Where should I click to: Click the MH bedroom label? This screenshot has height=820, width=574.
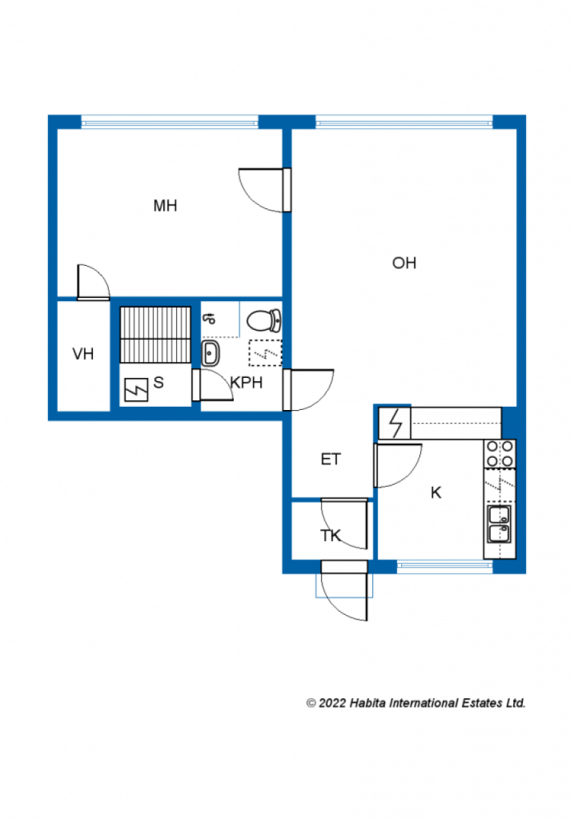coord(165,206)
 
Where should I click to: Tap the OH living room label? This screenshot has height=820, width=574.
coord(404,263)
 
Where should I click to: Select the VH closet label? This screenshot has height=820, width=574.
coord(83,354)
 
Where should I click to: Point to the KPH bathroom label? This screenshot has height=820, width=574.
coord(247,383)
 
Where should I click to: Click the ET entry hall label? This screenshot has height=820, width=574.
coord(331,459)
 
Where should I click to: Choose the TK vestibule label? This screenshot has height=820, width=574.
coord(331,536)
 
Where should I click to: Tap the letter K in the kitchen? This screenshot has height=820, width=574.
coord(436,492)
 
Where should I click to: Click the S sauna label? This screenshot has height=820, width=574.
coord(159,383)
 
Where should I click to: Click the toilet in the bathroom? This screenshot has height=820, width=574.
coord(264,320)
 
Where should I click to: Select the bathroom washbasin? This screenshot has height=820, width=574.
coord(211,354)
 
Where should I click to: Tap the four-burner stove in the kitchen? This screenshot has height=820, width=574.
coord(500,454)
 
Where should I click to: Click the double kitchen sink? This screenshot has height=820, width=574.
coord(500,525)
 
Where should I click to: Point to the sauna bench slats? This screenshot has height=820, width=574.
coord(155,335)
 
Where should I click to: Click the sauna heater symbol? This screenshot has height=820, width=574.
coord(136,390)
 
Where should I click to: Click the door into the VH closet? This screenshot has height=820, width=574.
coord(94,283)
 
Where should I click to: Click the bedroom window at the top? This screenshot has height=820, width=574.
coord(170,122)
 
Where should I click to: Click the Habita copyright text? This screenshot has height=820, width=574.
coord(415,703)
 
